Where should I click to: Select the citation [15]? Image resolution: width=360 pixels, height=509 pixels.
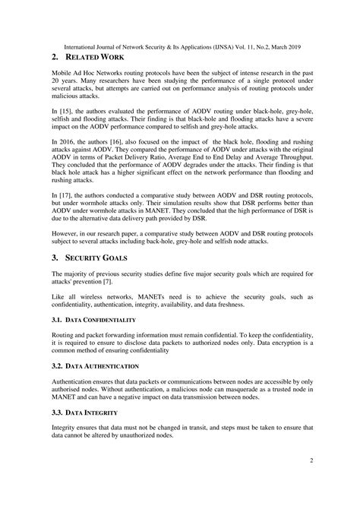[x=66, y=111]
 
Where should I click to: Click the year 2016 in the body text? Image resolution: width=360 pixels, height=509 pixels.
[x=66, y=142]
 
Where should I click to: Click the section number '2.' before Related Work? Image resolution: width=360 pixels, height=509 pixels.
[x=55, y=57]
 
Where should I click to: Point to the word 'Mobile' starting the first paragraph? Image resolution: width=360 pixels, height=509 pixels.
[x=63, y=72]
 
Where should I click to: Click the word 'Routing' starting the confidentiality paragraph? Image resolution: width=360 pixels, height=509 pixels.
[x=64, y=337]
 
